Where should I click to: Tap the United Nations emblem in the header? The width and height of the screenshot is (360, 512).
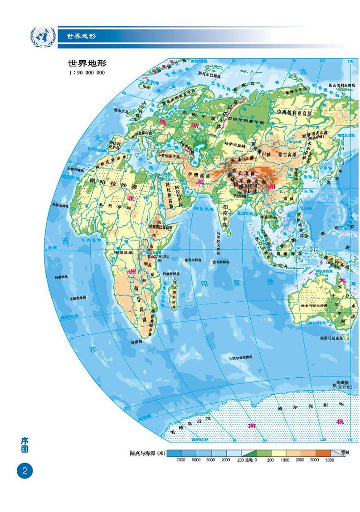42,35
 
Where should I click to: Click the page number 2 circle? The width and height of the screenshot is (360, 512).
25,470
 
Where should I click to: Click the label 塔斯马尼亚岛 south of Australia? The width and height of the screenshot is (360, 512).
335,338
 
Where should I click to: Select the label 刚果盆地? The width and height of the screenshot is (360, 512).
123,252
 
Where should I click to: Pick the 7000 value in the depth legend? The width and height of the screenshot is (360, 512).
181,460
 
